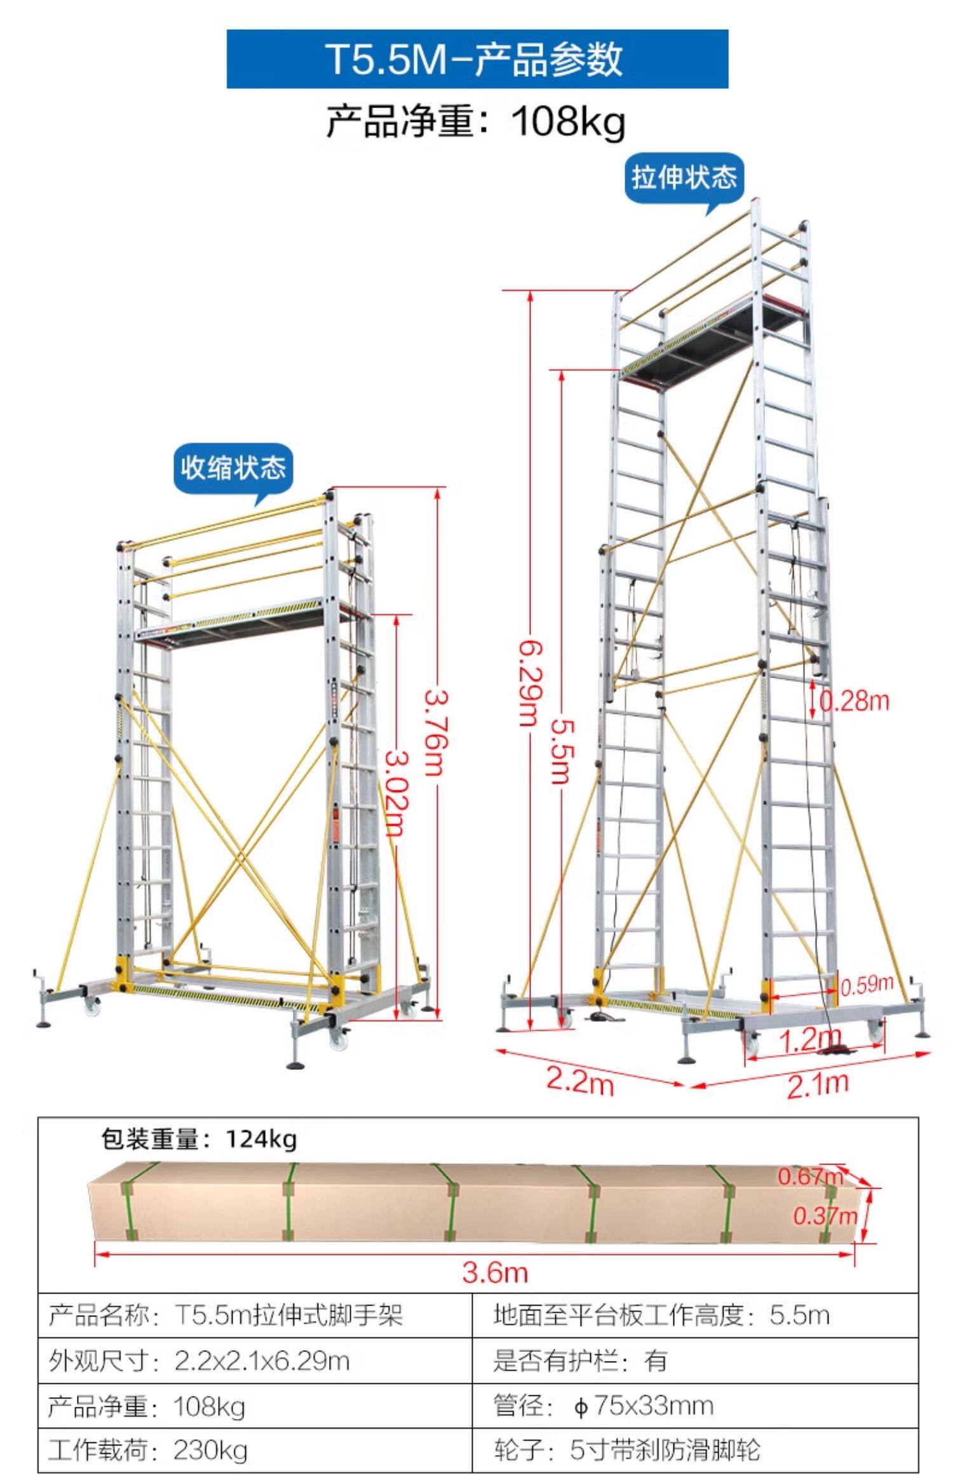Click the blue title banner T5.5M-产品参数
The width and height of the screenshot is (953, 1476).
(476, 58)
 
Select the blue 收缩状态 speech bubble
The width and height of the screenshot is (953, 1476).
(233, 469)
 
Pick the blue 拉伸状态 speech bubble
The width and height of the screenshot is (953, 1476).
(684, 177)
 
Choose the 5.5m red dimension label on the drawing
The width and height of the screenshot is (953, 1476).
(561, 750)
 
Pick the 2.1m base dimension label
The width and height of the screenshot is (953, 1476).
(818, 1083)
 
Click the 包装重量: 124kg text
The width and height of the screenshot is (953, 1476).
(199, 1138)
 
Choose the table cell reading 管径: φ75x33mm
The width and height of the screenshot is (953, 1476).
(604, 1405)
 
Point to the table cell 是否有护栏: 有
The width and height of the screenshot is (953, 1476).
(580, 1360)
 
